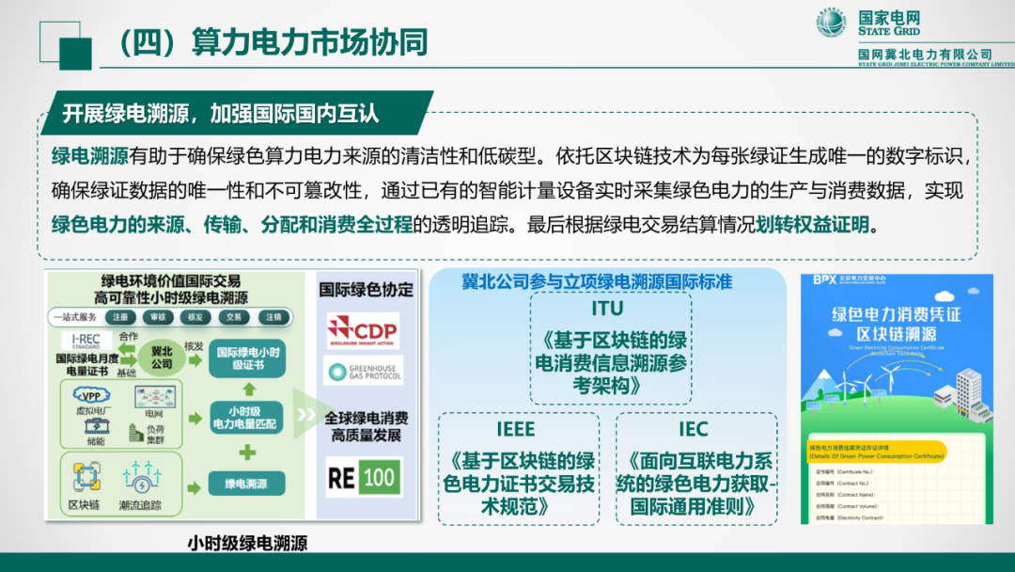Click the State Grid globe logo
(x=831, y=23)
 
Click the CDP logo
(x=363, y=330)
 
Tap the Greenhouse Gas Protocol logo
(x=363, y=373)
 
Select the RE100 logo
(x=363, y=477)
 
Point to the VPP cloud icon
(x=91, y=396)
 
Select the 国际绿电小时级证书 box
(x=246, y=357)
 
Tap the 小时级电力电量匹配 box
(x=246, y=418)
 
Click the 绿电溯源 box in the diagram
(x=246, y=484)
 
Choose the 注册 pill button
(x=121, y=317)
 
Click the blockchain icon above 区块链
(x=86, y=477)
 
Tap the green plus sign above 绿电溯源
(x=247, y=453)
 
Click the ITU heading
(x=607, y=308)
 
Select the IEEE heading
(x=516, y=429)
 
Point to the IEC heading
(x=694, y=429)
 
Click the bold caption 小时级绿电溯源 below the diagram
(x=247, y=543)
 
